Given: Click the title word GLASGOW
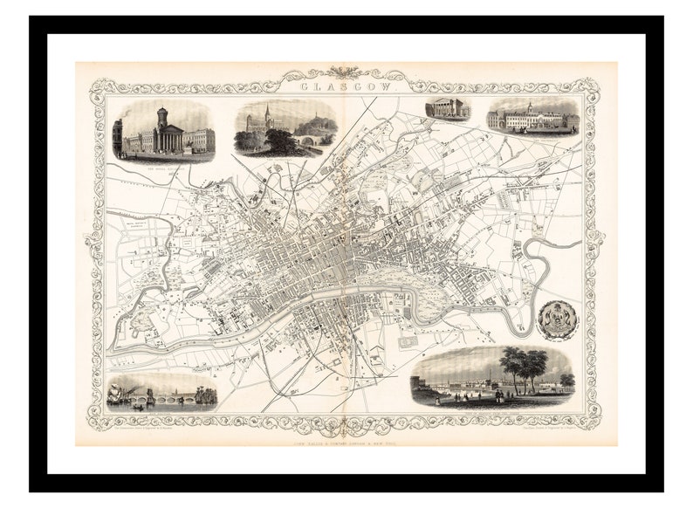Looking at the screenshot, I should [x=346, y=87].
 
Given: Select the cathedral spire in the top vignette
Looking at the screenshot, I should [x=268, y=116].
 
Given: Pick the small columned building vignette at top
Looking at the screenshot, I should [x=447, y=110].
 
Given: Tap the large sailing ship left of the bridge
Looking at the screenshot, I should [x=123, y=394].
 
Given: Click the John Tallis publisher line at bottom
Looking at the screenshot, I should [x=346, y=436].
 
